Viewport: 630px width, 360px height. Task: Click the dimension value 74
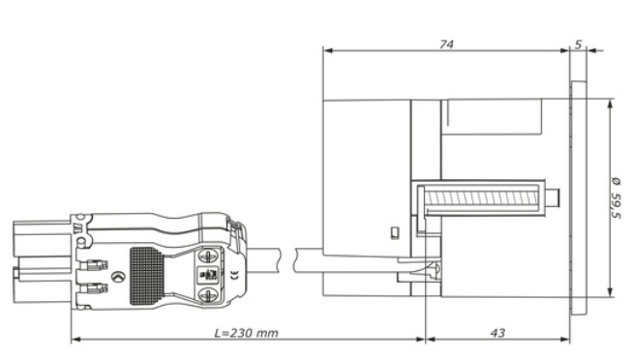[446, 45]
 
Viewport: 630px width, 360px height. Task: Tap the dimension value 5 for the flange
[578, 45]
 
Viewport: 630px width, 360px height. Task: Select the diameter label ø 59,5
[615, 198]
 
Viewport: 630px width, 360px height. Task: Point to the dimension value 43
[497, 333]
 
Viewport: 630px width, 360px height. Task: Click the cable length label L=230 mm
[246, 333]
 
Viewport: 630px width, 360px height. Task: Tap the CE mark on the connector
[234, 275]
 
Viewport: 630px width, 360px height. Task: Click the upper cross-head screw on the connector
[208, 255]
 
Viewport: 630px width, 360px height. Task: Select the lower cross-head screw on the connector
[208, 295]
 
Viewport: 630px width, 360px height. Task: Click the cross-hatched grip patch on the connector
[147, 276]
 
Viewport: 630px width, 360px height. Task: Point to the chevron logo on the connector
[117, 277]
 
